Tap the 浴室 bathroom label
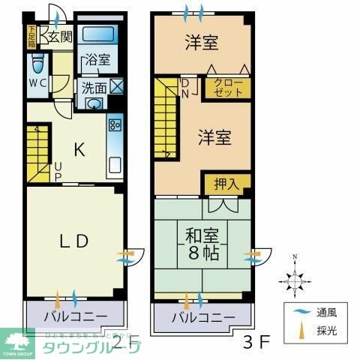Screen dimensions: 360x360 (x=97, y=59)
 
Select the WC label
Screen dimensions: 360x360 (x=38, y=83)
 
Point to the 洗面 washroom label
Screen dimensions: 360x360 (x=94, y=86)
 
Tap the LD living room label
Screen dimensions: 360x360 (x=74, y=241)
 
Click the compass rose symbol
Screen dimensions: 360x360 (x=295, y=280)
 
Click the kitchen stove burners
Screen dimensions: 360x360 (x=115, y=124)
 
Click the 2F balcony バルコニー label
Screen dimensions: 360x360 (x=73, y=313)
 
